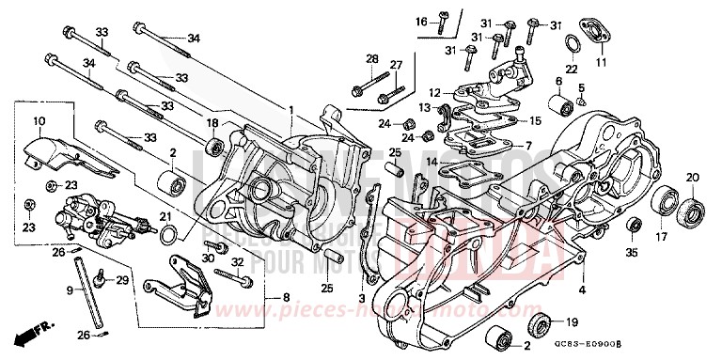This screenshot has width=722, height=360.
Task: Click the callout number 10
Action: [x=39, y=121]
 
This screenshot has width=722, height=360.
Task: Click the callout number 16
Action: [x=421, y=21]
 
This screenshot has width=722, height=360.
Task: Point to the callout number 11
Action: [x=601, y=63]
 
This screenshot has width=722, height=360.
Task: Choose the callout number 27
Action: [x=396, y=64]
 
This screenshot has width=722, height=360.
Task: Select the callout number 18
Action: [x=213, y=123]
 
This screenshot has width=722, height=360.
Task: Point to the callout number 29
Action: [x=122, y=280]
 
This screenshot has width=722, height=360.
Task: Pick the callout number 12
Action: [x=433, y=92]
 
